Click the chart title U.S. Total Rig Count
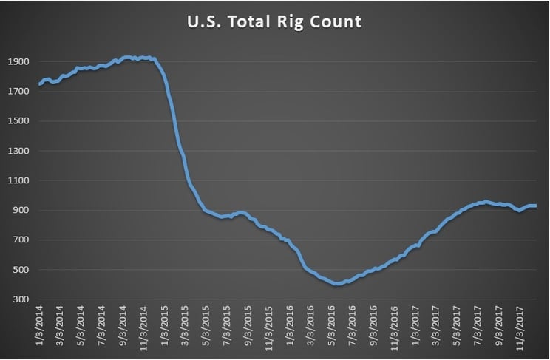274,22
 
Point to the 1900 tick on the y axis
18,62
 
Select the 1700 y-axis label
18,92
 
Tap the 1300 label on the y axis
18,151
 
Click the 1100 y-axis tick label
18,180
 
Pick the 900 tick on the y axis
20,210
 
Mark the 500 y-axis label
20,269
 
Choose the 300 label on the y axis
20,299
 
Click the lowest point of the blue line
336,283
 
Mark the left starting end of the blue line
39,84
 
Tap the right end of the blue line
536,206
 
